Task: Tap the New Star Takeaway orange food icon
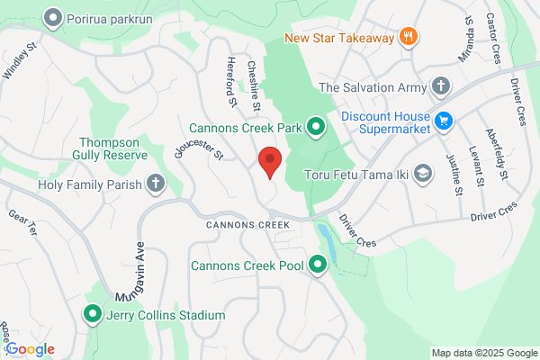(409, 37)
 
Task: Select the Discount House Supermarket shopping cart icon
(442, 120)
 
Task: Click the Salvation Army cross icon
(440, 87)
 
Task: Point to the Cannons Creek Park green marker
(315, 128)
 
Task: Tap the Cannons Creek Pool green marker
(317, 265)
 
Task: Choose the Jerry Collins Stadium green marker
(92, 314)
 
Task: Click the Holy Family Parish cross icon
(155, 185)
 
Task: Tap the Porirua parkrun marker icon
(53, 17)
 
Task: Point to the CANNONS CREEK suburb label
(246, 224)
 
